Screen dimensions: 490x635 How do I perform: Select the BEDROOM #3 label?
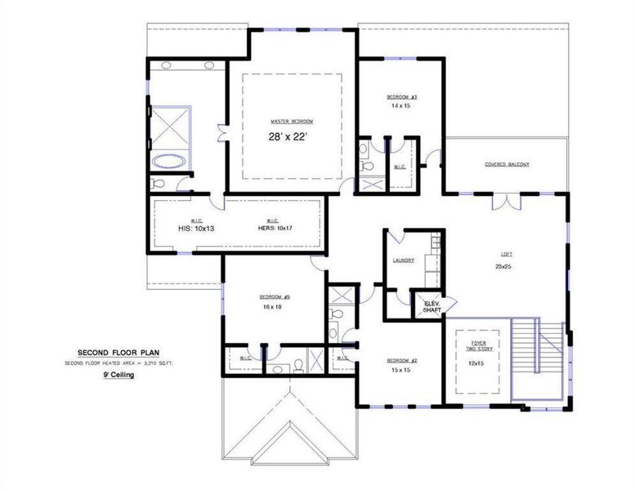point(401,96)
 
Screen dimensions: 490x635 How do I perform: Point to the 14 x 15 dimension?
point(400,106)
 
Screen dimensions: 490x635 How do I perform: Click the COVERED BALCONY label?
point(507,164)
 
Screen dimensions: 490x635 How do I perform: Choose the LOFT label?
point(502,253)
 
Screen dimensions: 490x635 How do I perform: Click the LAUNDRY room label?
point(403,261)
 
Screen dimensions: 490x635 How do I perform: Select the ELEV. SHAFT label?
point(431,306)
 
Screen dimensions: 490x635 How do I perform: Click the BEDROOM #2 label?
point(402,360)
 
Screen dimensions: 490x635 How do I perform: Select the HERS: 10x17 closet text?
point(274,229)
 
